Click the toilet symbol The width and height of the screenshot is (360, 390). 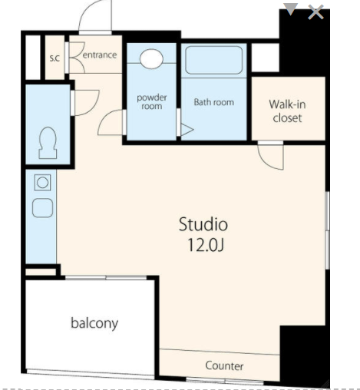click(48, 143)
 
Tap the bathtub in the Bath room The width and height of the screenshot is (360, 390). click(213, 60)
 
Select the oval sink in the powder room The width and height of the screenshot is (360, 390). click(151, 58)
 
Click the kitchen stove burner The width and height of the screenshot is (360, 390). click(42, 183)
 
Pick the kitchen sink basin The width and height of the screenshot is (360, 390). click(43, 208)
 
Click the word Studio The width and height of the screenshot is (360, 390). click(203, 224)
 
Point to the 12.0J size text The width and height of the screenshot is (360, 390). click(206, 245)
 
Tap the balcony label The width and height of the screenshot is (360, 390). click(94, 323)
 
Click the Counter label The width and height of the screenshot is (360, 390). click(224, 365)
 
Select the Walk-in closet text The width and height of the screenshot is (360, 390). click(287, 111)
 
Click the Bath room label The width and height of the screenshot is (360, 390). click(214, 102)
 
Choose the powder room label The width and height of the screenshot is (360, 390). click(152, 101)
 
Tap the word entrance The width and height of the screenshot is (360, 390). click(100, 55)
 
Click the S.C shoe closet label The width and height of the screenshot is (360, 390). click(54, 58)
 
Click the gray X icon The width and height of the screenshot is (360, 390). click(315, 12)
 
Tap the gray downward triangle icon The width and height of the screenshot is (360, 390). click(291, 9)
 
